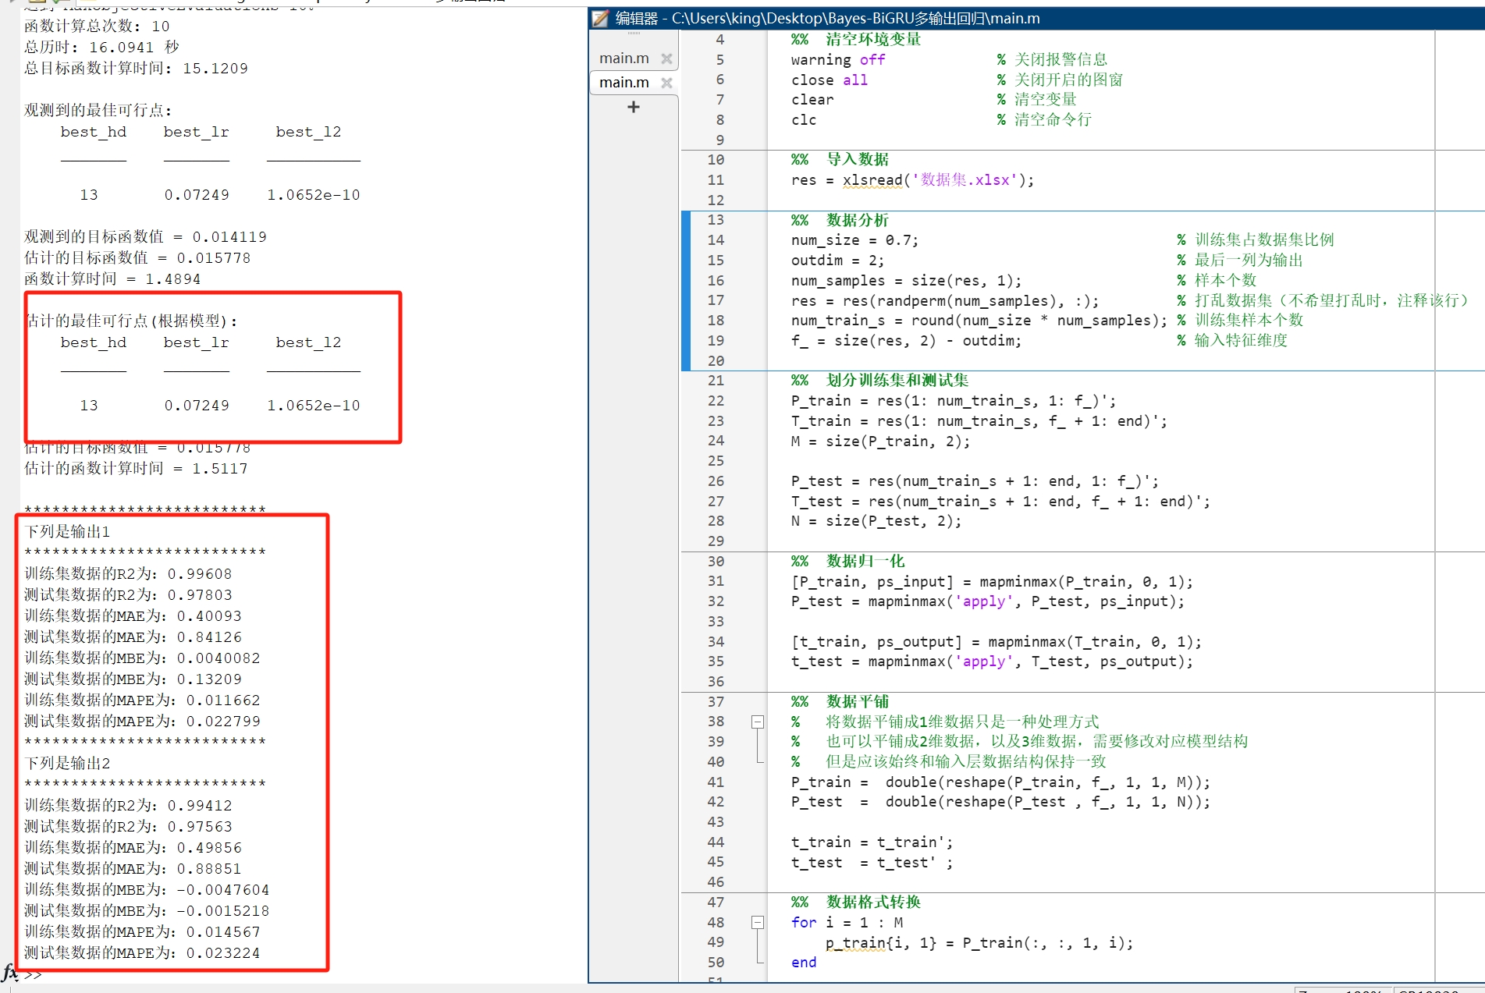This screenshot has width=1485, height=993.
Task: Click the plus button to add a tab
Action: coord(634,108)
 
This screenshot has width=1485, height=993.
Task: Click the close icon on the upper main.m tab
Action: coord(666,59)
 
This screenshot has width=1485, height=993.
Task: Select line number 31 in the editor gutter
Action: coord(716,581)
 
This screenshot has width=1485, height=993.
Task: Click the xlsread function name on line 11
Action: coord(872,180)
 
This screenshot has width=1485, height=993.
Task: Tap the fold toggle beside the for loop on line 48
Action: coord(757,923)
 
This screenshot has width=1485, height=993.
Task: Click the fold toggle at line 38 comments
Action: coord(757,722)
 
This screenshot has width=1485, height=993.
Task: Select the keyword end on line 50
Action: coord(804,963)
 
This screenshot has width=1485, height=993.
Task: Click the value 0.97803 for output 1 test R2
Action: coord(200,595)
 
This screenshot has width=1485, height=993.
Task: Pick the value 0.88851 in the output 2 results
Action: coord(209,869)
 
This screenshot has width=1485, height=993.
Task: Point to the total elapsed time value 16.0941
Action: coord(122,48)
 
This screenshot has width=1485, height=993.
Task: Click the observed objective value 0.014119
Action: coord(229,237)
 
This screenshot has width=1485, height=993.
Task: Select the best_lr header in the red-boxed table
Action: coord(196,343)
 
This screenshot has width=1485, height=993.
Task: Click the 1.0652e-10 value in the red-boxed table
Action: coord(313,406)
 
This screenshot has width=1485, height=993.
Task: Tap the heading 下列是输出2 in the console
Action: coord(67,764)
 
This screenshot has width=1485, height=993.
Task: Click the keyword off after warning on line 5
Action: coord(872,60)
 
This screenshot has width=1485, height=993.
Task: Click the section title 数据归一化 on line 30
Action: coord(865,562)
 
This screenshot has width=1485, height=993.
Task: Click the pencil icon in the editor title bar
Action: coord(600,18)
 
